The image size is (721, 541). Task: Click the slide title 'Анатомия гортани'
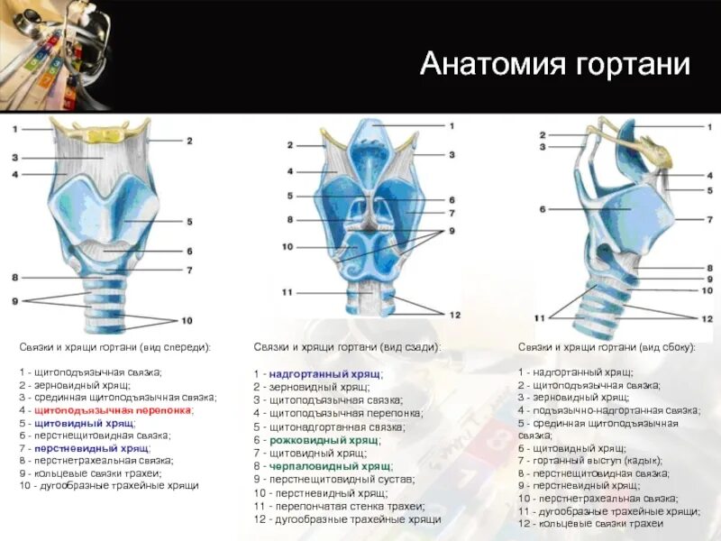point(554,64)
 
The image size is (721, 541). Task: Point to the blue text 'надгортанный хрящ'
point(324,373)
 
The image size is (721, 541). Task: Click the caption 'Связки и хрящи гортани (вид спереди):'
point(114,347)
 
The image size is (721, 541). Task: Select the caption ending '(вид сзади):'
point(347,347)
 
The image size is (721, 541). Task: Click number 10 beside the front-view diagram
point(187,320)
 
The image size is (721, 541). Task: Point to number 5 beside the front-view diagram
point(190,221)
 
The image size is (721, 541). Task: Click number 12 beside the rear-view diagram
point(454,315)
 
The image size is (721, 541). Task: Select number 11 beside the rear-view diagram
point(287,292)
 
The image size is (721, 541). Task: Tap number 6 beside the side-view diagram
point(543,209)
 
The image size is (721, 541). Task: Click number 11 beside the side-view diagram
point(540,318)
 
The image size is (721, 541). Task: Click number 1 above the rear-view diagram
point(451,125)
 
